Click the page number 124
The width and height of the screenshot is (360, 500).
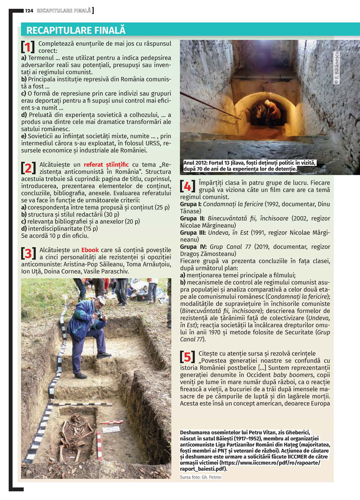click(29, 11)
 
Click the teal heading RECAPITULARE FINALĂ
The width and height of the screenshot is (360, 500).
click(76, 30)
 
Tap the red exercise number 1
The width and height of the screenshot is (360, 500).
click(28, 47)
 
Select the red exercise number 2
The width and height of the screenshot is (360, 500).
click(28, 168)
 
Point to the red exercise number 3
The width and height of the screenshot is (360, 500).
click(28, 253)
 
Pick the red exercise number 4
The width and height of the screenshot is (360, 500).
click(188, 186)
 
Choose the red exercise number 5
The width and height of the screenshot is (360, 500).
click(188, 357)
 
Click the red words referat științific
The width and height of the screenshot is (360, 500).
click(106, 165)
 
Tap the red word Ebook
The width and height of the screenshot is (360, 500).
click(90, 250)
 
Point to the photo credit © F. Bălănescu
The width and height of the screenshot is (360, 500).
click(337, 68)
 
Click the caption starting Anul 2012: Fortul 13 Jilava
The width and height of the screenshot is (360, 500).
click(249, 166)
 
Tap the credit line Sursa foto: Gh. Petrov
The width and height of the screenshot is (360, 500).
click(201, 477)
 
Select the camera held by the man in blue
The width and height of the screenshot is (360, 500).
click(100, 315)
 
